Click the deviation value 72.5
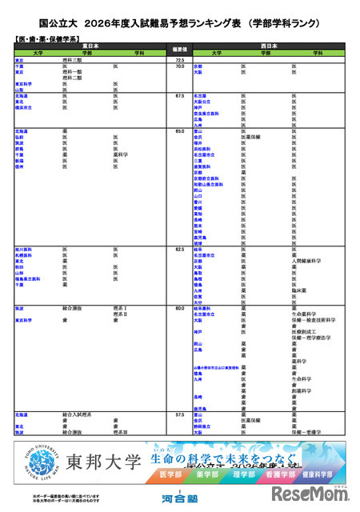tap(180, 60)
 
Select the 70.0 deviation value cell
tap(180, 66)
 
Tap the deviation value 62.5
tap(180, 249)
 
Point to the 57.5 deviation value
tap(180, 414)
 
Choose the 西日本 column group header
tap(269, 46)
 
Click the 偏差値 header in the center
tap(180, 49)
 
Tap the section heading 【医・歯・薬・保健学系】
tap(46, 38)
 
